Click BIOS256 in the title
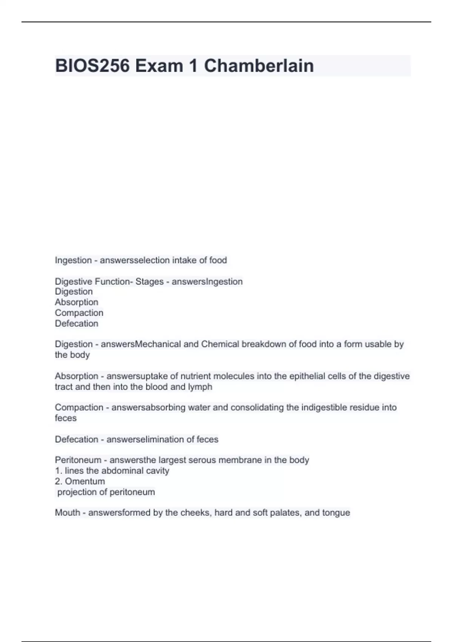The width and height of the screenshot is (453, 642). (92, 66)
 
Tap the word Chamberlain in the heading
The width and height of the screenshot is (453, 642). (259, 66)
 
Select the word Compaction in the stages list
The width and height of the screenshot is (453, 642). (79, 313)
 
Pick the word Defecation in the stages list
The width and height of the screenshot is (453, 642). (77, 323)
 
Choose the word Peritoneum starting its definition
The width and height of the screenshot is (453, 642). (78, 460)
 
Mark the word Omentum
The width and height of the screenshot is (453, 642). (85, 481)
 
